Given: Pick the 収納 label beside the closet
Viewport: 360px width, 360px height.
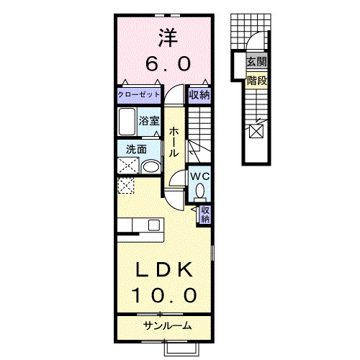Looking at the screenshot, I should point(200,94).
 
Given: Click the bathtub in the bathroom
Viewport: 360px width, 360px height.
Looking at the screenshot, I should point(128,122).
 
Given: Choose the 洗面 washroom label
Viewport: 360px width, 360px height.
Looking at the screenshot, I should point(137,150).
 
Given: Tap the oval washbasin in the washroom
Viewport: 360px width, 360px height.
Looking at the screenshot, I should point(151,167).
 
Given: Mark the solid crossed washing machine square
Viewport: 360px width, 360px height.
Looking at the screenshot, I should point(128,166).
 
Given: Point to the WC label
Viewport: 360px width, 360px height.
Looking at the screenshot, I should point(199,175).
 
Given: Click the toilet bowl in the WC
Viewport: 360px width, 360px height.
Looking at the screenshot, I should point(199,192).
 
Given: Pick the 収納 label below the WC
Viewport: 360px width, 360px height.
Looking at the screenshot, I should point(204,213).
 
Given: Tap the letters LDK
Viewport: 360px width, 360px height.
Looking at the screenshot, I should point(165,270).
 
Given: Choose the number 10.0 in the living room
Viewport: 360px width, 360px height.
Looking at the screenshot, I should point(165,295).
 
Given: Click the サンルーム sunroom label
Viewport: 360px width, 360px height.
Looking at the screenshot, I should point(168,326).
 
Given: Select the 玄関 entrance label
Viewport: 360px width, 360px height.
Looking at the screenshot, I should point(257,63).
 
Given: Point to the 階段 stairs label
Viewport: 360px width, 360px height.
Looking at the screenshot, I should point(257,80).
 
